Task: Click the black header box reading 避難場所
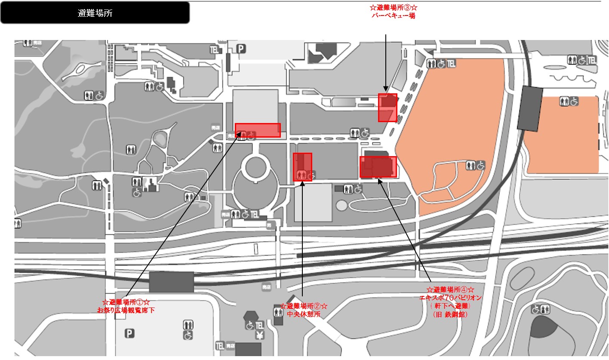pyautogui.click(x=95, y=13)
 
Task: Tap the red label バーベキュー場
pyautogui.click(x=394, y=16)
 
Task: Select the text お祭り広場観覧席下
pyautogui.click(x=126, y=310)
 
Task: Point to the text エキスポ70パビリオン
pyautogui.click(x=450, y=298)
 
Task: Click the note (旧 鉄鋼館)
pyautogui.click(x=450, y=314)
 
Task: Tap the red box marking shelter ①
pyautogui.click(x=258, y=130)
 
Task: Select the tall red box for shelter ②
pyautogui.click(x=302, y=167)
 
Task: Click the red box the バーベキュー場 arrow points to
pyautogui.click(x=387, y=108)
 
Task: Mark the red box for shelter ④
pyautogui.click(x=378, y=167)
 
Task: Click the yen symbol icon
pyautogui.click(x=260, y=335)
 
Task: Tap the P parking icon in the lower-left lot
pyautogui.click(x=128, y=333)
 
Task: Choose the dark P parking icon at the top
pyautogui.click(x=241, y=49)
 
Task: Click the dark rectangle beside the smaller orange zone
pyautogui.click(x=529, y=108)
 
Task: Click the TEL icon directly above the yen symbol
pyautogui.click(x=259, y=325)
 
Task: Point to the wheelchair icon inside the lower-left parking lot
pyautogui.click(x=188, y=335)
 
